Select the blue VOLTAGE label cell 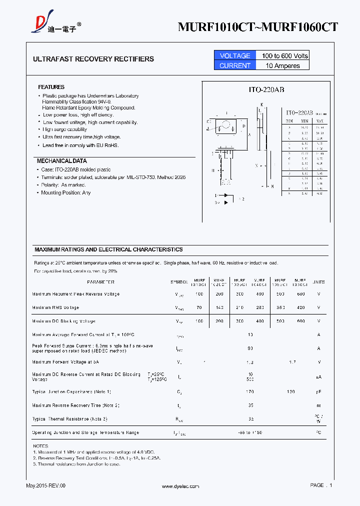pos(234,55)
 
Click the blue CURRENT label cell pos(234,65)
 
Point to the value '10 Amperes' pos(282,65)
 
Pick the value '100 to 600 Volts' pos(282,55)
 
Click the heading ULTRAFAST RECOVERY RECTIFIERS pos(93,59)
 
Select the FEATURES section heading pos(51,87)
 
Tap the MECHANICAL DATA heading pos(61,161)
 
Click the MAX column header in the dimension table pos(319,120)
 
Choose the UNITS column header pos(318,282)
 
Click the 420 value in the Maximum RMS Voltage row pos(300,307)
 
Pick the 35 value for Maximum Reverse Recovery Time pos(250,405)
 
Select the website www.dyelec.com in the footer pos(180,486)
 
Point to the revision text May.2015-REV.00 pos(45,486)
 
